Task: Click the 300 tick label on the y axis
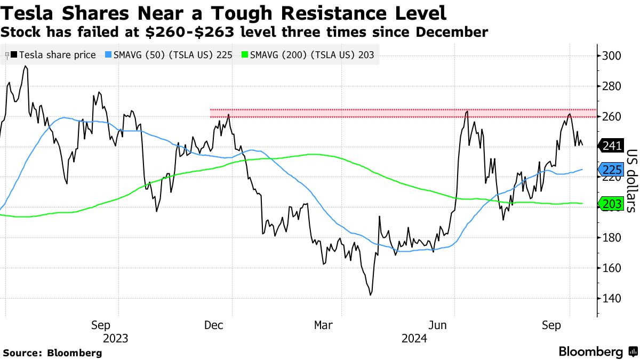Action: [611, 56]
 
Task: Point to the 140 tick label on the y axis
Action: [611, 299]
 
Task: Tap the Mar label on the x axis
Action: [324, 325]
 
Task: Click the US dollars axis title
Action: [630, 180]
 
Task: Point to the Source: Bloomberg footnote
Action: [52, 353]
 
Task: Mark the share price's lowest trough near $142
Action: [370, 294]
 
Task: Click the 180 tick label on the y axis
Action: [611, 238]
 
